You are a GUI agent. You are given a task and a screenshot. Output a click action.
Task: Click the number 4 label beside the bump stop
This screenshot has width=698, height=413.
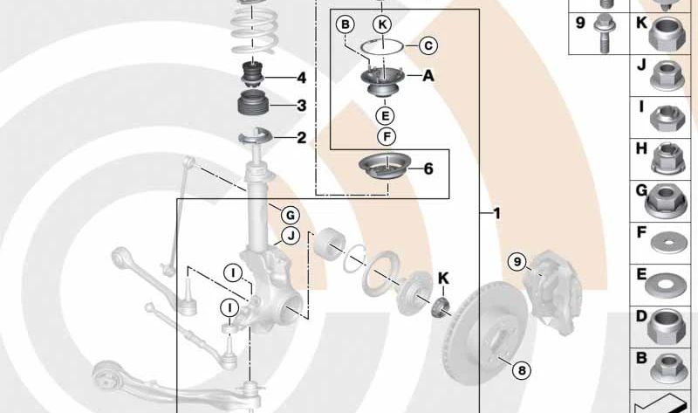coord(302,78)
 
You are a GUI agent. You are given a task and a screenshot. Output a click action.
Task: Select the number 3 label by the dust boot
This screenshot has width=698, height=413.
coord(302,106)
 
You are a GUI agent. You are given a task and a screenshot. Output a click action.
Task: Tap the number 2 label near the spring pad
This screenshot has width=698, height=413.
coord(302,138)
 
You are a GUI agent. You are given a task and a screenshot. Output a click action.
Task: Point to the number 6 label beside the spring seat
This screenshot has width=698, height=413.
coord(428,169)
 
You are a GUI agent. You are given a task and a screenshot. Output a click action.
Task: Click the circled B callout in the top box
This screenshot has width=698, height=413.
coord(346,24)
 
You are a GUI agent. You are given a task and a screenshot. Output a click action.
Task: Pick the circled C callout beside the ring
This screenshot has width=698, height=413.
coord(428,45)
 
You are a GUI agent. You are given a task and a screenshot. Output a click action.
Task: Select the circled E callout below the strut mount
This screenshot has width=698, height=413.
coord(385,116)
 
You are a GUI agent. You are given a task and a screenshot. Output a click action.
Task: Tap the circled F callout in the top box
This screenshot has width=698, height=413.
coord(387,136)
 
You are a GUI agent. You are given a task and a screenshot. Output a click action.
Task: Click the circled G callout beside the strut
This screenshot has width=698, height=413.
coord(291,216)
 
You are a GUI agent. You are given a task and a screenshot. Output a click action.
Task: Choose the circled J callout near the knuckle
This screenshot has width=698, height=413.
coord(291,235)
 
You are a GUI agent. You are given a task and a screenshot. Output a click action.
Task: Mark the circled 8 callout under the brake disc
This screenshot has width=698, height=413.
coord(522,370)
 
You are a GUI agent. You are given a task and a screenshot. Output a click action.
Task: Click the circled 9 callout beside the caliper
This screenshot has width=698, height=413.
coord(517,261)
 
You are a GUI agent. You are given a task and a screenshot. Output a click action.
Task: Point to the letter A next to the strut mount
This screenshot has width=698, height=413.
coord(428,76)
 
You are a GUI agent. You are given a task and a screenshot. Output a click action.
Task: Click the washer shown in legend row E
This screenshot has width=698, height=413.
coord(665,285)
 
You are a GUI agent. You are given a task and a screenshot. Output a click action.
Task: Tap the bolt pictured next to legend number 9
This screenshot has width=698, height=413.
coord(604,33)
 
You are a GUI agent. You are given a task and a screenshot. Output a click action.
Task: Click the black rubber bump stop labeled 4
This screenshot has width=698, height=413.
coord(253,75)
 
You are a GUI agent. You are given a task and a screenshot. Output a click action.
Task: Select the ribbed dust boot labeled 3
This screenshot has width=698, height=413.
coord(252,104)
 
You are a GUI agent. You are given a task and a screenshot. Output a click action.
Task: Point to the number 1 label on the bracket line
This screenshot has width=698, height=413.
coord(496,213)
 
